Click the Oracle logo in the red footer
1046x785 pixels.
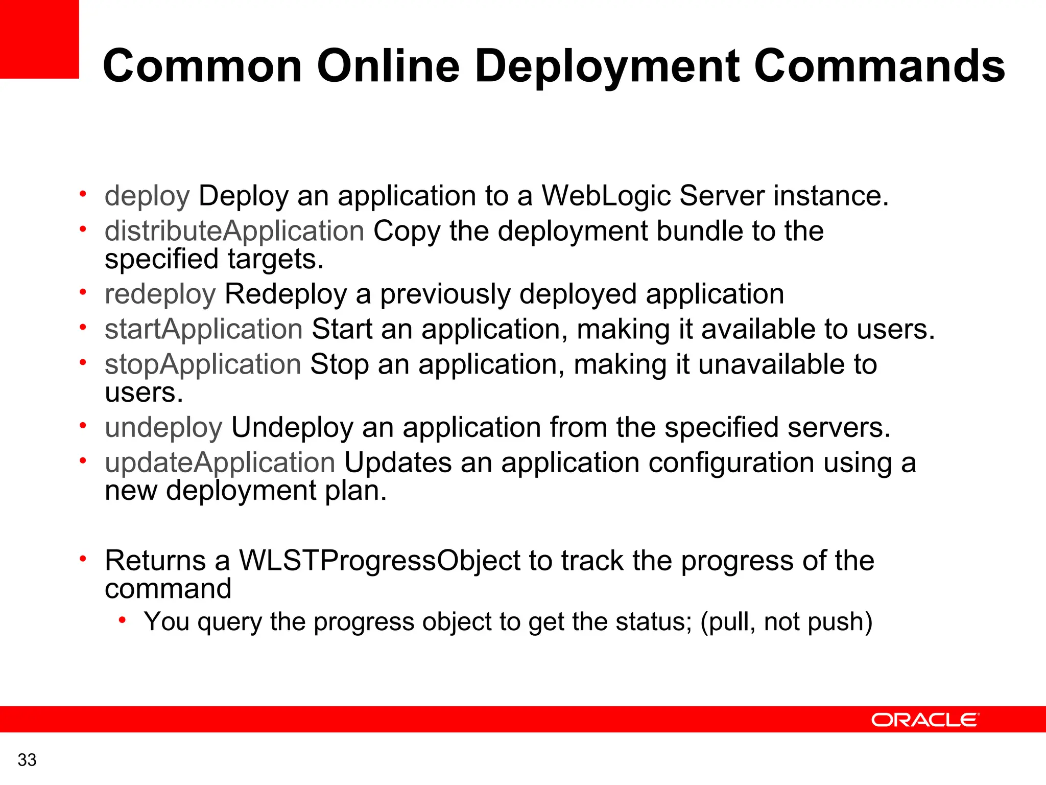(925, 720)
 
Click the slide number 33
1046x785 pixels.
(27, 760)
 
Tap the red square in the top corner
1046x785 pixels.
(39, 39)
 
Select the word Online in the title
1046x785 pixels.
(388, 66)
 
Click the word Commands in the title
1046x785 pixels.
(879, 66)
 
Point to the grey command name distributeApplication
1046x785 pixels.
(234, 231)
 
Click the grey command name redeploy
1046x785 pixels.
(160, 294)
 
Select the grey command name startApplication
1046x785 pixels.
(204, 329)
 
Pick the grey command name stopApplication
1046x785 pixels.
(203, 364)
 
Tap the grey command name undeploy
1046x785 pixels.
(163, 427)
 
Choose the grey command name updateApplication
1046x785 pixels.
(220, 463)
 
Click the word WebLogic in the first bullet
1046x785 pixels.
(606, 196)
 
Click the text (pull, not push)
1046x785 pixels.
(786, 622)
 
